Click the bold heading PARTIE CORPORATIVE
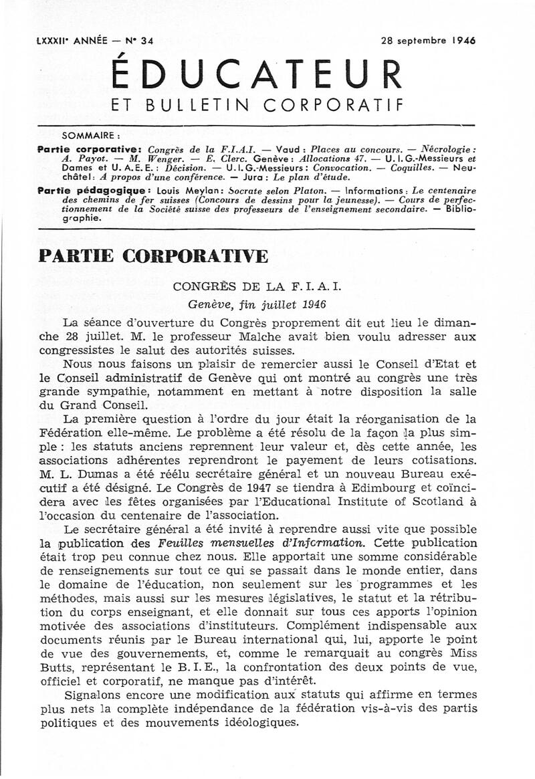point(154,256)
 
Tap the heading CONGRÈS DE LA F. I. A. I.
point(257,287)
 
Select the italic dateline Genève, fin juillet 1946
point(257,304)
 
